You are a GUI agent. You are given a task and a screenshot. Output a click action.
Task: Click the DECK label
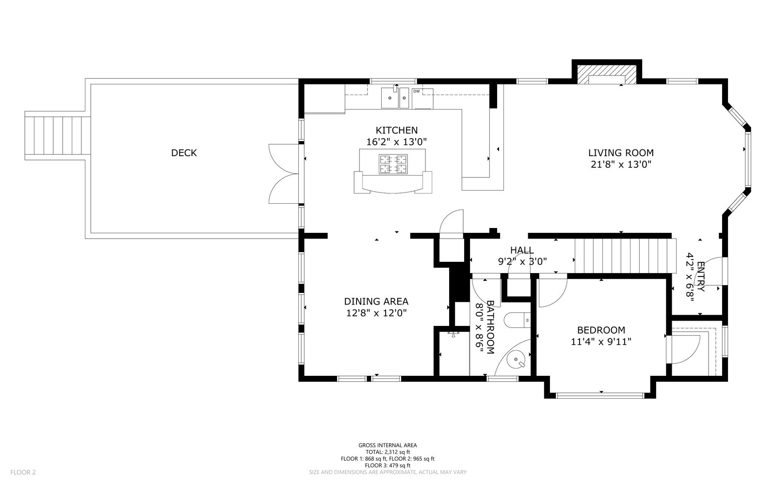(184, 153)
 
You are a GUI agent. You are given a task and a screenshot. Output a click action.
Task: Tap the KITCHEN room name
(397, 130)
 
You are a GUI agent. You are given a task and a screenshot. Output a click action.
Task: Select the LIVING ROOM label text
(621, 153)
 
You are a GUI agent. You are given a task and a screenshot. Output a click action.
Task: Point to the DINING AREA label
(376, 301)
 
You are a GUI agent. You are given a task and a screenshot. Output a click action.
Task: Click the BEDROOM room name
(601, 330)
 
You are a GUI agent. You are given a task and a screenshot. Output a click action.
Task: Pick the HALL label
(522, 250)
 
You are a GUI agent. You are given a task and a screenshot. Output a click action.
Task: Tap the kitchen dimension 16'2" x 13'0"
(397, 142)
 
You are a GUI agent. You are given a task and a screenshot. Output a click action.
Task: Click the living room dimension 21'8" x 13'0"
(621, 164)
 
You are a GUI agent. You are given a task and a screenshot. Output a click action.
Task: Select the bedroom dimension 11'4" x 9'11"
(601, 342)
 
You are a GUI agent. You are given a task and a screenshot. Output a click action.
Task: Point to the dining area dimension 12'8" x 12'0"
(376, 313)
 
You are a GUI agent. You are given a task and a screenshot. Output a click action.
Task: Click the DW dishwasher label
(417, 92)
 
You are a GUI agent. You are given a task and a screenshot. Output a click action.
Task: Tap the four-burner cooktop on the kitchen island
(393, 164)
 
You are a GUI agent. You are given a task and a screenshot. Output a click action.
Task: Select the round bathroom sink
(516, 360)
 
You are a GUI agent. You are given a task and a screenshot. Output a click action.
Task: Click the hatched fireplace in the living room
(607, 75)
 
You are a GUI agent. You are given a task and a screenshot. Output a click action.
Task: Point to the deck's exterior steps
(58, 136)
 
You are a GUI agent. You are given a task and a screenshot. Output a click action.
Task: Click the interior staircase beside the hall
(625, 256)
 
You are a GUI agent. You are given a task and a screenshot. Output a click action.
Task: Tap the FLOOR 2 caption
(23, 472)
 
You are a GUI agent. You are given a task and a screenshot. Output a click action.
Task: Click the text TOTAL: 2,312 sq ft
(388, 452)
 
